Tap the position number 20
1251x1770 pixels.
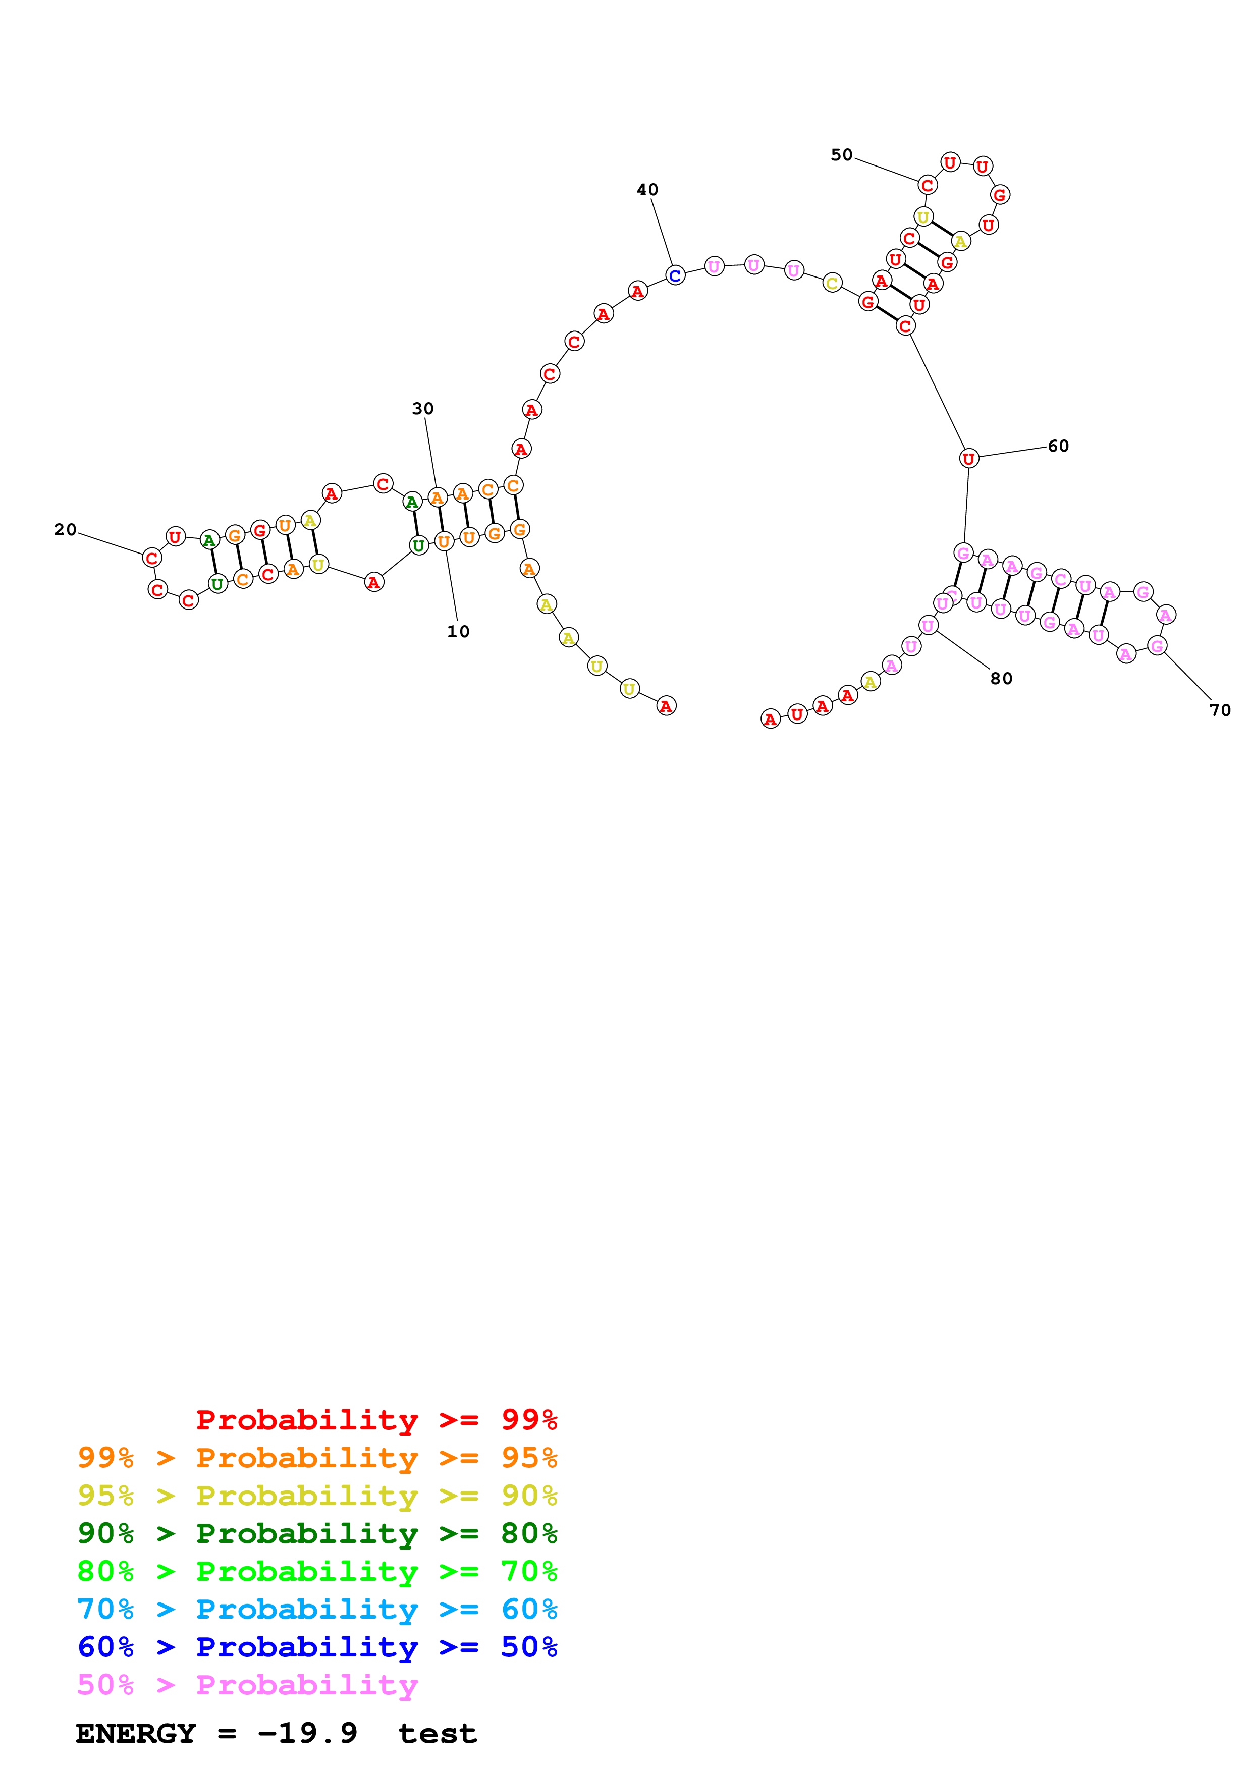(66, 530)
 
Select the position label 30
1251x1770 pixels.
(422, 409)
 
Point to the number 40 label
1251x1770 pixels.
(647, 190)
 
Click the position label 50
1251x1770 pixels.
(842, 155)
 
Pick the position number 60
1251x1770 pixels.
(1058, 446)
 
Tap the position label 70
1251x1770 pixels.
(1220, 710)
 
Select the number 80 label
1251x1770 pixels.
(1001, 679)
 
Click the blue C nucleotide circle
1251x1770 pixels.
(675, 275)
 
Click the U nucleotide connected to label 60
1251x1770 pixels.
(969, 459)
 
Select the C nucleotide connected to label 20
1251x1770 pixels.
(152, 558)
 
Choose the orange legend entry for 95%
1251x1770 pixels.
(317, 1457)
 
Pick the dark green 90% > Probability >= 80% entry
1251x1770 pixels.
(317, 1533)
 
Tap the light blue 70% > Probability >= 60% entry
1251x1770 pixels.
(317, 1609)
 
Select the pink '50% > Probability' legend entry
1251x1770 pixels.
(247, 1684)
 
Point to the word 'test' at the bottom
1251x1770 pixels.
(438, 1734)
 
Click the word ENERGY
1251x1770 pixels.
(136, 1733)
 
